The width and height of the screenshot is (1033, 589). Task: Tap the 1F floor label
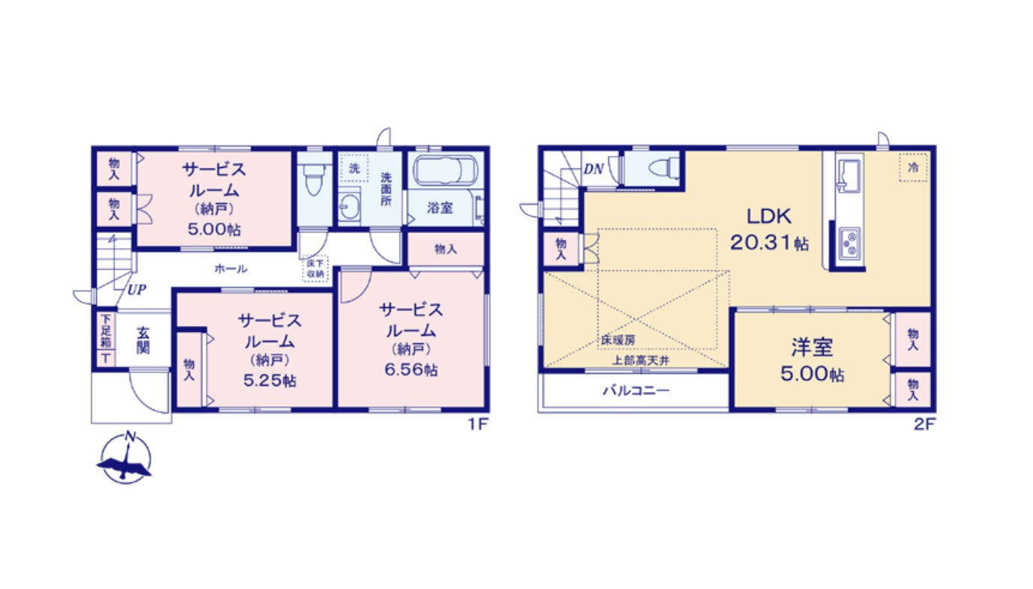coord(478,425)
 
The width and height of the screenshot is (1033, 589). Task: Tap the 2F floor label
coord(924,425)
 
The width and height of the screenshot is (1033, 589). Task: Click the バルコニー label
coord(636,390)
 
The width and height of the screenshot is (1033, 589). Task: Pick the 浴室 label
coord(439,208)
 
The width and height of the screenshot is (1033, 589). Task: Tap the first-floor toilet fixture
coord(314,178)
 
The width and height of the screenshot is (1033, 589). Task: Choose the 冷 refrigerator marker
coord(913,168)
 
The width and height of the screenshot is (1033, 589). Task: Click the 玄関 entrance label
coord(143,340)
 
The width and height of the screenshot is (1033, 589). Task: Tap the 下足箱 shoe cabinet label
coord(105,333)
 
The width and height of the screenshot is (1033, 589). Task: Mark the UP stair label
coord(136,290)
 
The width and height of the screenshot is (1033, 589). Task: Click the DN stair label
coord(594,169)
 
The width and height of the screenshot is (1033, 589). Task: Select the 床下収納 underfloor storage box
coord(316,268)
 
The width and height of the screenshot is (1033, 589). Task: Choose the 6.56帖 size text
coord(410,369)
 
